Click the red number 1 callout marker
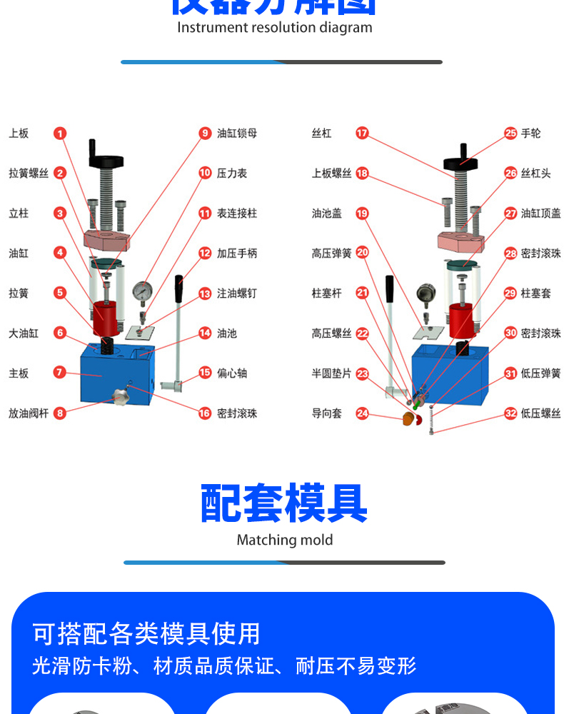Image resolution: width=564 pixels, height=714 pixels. click(60, 134)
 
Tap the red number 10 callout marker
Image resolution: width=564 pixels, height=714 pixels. click(205, 174)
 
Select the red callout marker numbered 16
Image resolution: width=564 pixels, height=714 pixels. click(205, 413)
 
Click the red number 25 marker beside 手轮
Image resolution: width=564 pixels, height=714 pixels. click(510, 134)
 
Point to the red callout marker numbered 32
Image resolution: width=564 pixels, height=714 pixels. click(510, 413)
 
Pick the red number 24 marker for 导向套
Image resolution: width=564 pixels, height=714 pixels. click(363, 413)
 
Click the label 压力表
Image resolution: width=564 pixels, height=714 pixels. click(232, 174)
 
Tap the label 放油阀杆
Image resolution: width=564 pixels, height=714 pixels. click(29, 413)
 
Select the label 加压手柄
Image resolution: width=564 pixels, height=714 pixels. click(237, 253)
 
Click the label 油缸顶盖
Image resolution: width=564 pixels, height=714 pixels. click(541, 213)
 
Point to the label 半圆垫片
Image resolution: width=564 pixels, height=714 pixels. click(331, 373)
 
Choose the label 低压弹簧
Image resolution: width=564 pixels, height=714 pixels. click(541, 373)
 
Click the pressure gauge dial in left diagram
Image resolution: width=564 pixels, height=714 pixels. click(143, 291)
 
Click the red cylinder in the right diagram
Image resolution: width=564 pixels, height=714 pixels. click(461, 319)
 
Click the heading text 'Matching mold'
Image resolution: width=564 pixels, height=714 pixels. click(284, 540)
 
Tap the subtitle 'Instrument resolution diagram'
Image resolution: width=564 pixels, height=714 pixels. click(275, 28)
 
